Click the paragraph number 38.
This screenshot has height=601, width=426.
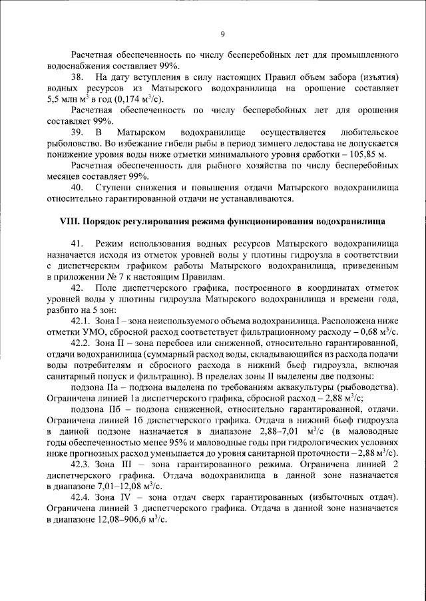click(x=79, y=78)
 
